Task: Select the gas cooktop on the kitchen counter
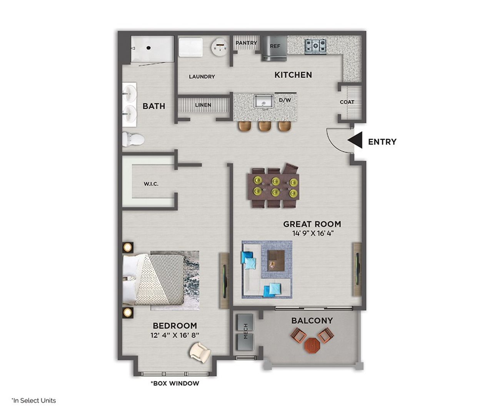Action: [316, 46]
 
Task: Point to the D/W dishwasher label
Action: [285, 100]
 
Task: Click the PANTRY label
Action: [246, 43]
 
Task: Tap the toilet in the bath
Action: [132, 139]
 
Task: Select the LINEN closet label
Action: [203, 105]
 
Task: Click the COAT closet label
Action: [347, 102]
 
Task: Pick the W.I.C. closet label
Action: [151, 184]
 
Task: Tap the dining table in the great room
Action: [274, 186]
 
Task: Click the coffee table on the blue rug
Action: [276, 260]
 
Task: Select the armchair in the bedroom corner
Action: [200, 352]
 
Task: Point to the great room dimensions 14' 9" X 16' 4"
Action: [312, 233]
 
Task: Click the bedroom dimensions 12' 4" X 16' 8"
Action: [175, 335]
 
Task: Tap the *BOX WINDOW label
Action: [175, 383]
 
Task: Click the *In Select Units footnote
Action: [33, 400]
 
